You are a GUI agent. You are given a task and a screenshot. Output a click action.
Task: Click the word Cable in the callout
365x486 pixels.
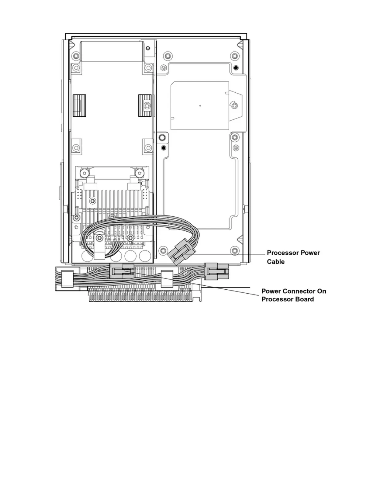(275, 262)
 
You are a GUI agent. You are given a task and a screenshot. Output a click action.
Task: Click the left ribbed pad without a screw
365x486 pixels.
(79, 106)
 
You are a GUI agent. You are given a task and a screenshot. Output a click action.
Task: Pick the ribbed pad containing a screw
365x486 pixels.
(145, 106)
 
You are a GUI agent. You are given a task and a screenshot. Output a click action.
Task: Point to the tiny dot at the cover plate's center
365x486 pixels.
(200, 106)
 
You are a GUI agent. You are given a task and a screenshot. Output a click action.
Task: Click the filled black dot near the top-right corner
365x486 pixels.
(236, 67)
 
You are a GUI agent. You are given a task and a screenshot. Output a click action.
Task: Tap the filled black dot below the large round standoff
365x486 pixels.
(163, 148)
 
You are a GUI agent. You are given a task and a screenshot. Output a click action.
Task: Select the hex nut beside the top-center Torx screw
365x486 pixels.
(163, 67)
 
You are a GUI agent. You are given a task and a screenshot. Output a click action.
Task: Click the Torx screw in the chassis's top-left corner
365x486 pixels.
(76, 56)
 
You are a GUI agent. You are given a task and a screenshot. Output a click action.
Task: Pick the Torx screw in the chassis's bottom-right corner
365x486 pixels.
(235, 250)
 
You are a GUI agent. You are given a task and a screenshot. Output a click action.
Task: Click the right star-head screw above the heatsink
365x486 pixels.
(140, 173)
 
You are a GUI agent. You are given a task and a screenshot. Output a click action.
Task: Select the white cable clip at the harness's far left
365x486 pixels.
(67, 278)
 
